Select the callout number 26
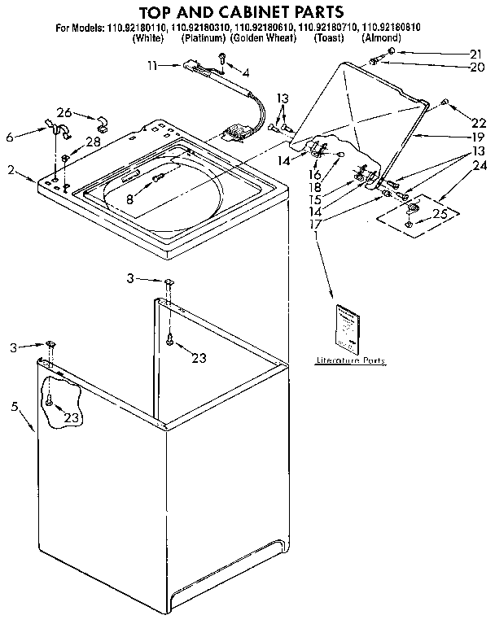[64, 112]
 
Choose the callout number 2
[11, 170]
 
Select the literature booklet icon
[348, 325]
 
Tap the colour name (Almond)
[382, 38]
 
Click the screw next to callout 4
[221, 57]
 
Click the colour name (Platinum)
[204, 38]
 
